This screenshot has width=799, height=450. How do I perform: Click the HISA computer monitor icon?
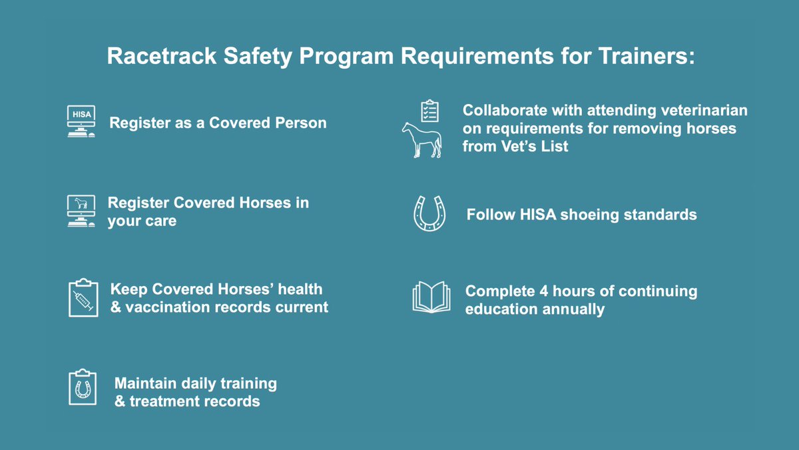point(81,121)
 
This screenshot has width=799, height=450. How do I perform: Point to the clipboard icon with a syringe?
point(83,298)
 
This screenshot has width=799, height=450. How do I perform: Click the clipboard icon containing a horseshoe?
point(83,387)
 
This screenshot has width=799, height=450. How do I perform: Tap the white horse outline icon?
point(421,139)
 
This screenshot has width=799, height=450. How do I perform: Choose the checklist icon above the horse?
point(430,111)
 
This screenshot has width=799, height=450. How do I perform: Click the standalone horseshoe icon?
point(429,213)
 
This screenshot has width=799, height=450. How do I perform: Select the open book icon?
point(431,297)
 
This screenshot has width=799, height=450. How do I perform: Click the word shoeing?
point(585,215)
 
